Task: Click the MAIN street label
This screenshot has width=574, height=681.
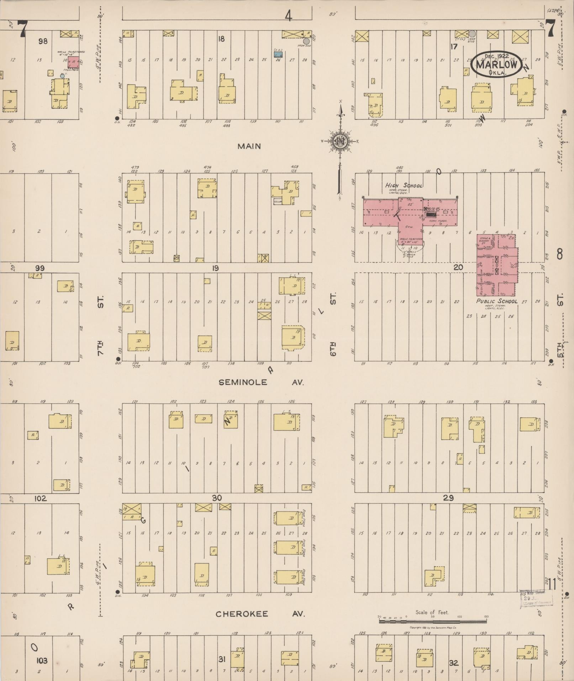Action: click(249, 146)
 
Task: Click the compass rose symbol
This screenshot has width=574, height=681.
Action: click(340, 142)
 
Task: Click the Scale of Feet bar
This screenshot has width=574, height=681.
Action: click(433, 621)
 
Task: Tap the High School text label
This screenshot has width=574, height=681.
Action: click(404, 185)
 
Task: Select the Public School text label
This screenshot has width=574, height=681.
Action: click(497, 301)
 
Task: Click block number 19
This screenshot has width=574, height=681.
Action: click(215, 268)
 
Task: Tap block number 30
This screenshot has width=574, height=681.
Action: click(217, 498)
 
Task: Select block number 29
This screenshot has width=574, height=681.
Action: click(448, 498)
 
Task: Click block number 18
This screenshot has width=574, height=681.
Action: click(221, 39)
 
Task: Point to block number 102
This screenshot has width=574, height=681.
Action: click(40, 498)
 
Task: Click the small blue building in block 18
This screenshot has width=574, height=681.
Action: click(278, 54)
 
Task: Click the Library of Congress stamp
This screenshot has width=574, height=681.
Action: click(536, 598)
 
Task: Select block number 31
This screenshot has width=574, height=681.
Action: click(222, 659)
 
